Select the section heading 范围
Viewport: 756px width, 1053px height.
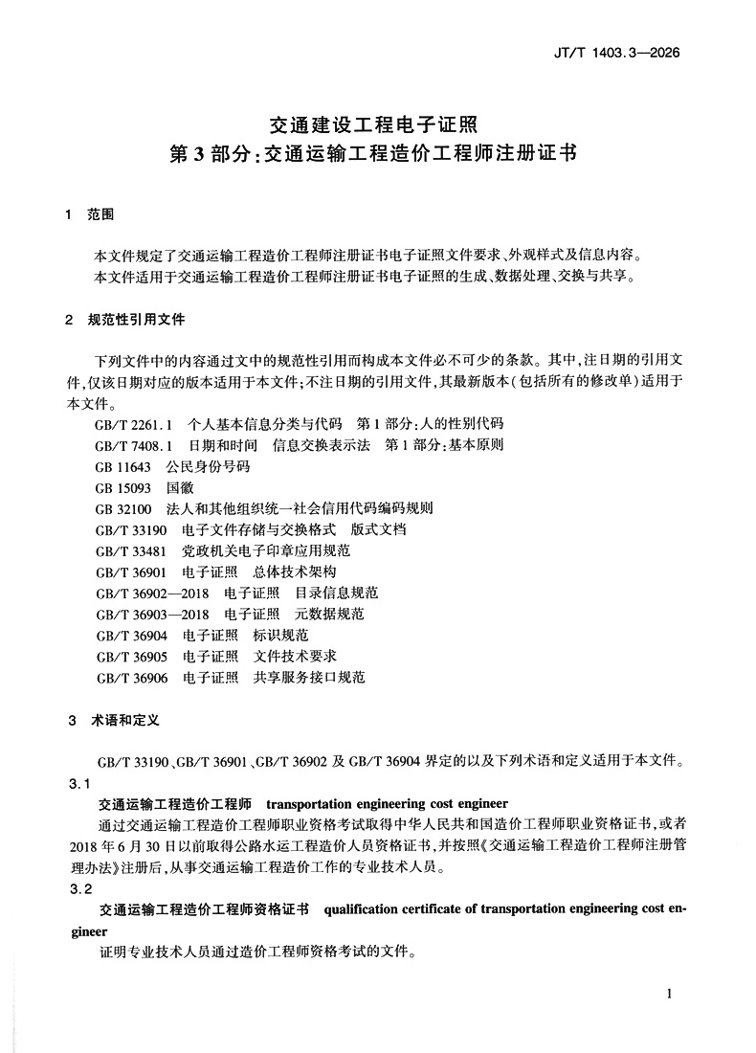pyautogui.click(x=100, y=216)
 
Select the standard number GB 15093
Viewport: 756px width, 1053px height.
pyautogui.click(x=123, y=487)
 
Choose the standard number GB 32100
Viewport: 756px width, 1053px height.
pyautogui.click(x=123, y=508)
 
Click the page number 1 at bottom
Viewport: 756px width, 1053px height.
pyautogui.click(x=670, y=994)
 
